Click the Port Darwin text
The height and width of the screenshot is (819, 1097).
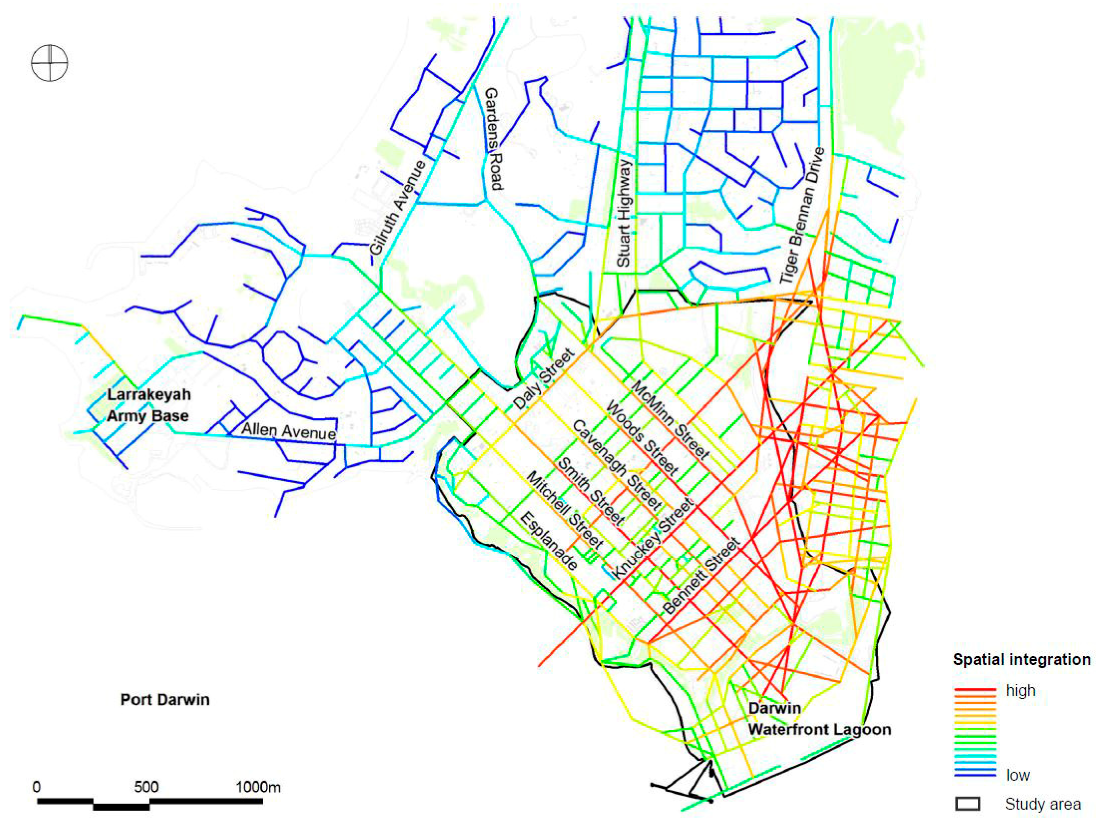pos(165,700)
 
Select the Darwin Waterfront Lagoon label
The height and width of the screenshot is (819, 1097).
pos(819,718)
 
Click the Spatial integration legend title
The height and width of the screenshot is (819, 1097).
pos(1022,659)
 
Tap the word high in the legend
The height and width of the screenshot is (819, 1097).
pos(1020,690)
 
